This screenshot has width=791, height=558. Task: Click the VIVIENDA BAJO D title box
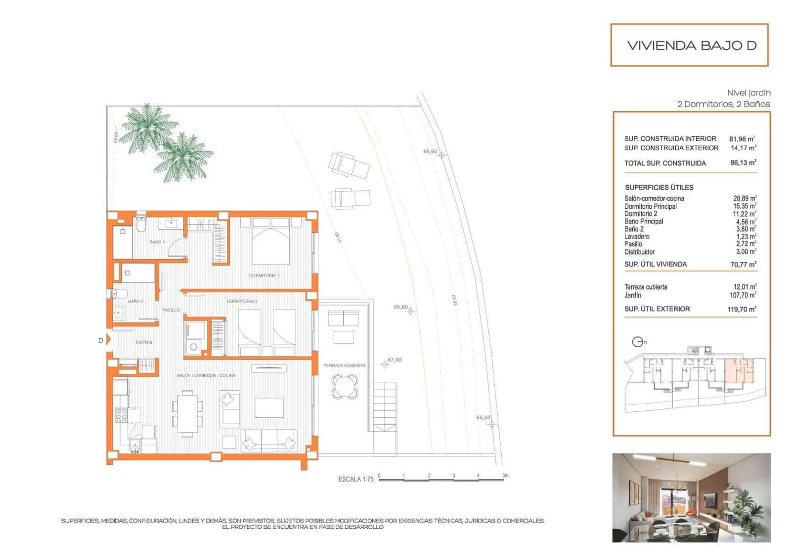[689, 45]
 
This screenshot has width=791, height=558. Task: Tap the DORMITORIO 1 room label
[264, 276]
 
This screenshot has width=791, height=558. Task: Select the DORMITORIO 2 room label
[242, 301]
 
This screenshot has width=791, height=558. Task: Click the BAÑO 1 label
[157, 242]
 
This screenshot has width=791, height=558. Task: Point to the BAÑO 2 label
[135, 301]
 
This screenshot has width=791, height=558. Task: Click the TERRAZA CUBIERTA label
[344, 366]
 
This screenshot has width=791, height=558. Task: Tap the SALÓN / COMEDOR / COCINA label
[206, 376]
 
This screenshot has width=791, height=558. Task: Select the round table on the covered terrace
[345, 386]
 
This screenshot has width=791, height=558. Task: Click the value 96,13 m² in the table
[743, 163]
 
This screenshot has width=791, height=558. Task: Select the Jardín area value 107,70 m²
[743, 295]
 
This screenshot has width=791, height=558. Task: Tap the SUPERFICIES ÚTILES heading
[659, 188]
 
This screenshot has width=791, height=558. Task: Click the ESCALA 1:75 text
[355, 479]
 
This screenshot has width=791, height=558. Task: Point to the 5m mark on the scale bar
[505, 476]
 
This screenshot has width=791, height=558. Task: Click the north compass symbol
[638, 342]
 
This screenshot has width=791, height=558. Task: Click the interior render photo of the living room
[691, 498]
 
